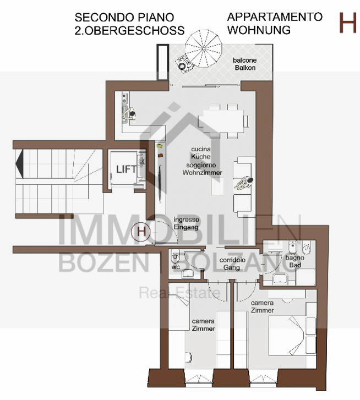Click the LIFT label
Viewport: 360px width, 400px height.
pos(126,169)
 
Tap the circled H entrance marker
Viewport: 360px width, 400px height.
pos(140,232)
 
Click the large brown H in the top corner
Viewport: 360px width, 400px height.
pos(347,23)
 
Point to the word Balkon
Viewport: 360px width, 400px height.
pos(245,68)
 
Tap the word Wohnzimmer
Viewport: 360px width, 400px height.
pos(202,172)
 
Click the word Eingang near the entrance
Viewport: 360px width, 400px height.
pos(186,227)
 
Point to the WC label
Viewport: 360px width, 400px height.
pos(176,267)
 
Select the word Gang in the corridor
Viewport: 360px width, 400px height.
pos(232,267)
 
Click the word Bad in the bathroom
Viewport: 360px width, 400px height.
pos(295,265)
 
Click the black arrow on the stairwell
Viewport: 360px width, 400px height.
pos(19,164)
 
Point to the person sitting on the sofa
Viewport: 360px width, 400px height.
pos(244,183)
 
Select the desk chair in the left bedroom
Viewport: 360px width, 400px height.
pos(188,357)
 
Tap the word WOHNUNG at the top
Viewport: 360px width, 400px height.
pos(259,30)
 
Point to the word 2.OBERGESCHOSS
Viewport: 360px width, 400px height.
pos(129,31)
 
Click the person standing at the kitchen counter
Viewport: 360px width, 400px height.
pos(129,114)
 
